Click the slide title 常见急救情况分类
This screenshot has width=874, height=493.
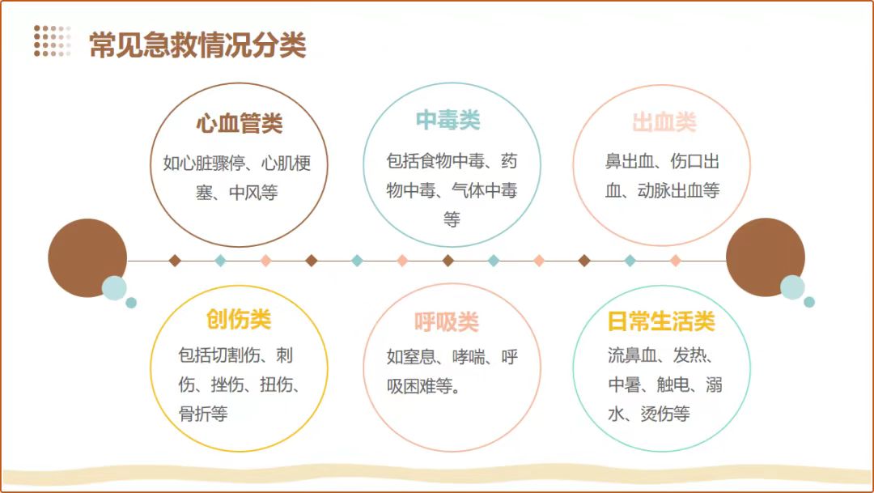(197, 45)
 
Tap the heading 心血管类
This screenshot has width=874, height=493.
(239, 125)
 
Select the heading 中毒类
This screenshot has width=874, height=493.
(448, 121)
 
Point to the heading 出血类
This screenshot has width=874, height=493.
(664, 123)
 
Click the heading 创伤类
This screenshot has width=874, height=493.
(238, 320)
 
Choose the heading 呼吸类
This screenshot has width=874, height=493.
(447, 322)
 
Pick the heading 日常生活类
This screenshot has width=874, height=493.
(661, 321)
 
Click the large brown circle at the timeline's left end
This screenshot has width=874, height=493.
(86, 257)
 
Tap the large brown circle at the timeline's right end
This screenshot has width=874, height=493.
(765, 257)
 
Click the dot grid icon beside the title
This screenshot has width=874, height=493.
(52, 41)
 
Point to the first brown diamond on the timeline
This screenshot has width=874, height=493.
(175, 261)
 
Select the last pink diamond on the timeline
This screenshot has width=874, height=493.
(676, 261)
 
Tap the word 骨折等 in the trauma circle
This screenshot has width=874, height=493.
(203, 414)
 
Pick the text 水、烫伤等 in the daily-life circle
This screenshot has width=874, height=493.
(648, 414)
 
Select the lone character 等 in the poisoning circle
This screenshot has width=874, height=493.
(452, 219)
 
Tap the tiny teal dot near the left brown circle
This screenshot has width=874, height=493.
(131, 303)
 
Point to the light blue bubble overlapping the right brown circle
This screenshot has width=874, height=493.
(792, 287)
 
